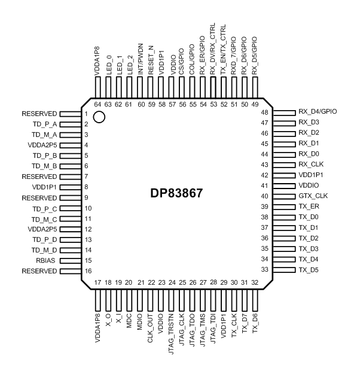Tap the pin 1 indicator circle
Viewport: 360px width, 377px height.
pos(99,117)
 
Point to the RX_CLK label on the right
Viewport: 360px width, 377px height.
pos(312,165)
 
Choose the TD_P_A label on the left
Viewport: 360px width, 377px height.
pos(45,124)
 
